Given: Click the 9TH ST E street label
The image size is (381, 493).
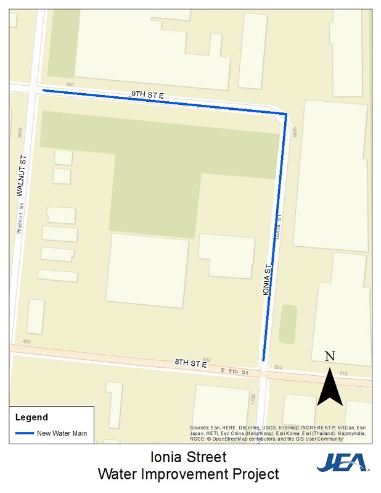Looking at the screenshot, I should coord(147,95).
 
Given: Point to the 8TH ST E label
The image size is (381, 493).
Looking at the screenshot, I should coord(190,364).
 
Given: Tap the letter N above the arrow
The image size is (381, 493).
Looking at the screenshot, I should coord(330,356).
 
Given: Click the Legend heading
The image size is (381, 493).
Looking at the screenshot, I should coord(31,418).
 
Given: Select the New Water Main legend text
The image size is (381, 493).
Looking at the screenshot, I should coord(62,433).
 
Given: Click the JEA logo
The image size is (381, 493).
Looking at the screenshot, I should coord(342,462).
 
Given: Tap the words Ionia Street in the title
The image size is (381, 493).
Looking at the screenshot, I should coord(189,457).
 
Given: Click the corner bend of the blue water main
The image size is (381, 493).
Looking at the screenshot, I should coord(286,114).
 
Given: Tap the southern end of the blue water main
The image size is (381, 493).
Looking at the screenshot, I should coord(263,360).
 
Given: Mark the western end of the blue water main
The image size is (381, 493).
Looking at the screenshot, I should coord(43,91).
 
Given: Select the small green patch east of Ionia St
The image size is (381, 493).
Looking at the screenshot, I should coord(287,324).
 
